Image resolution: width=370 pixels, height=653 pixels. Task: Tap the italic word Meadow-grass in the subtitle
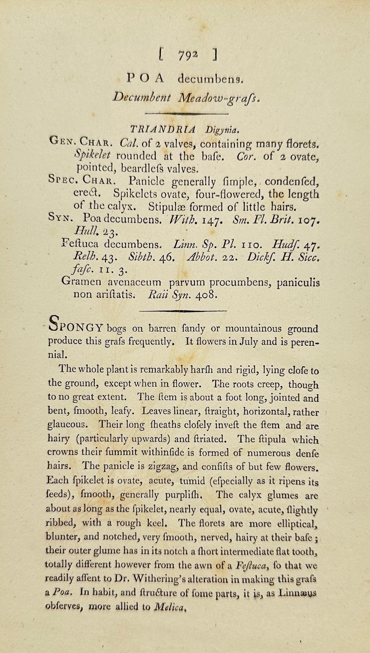click(220, 98)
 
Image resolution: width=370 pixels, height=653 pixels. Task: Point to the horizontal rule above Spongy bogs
click(184, 310)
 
